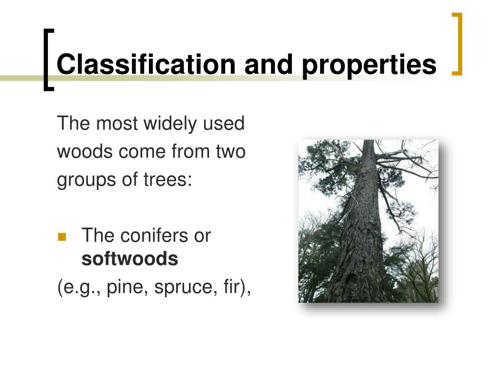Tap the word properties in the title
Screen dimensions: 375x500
click(x=369, y=64)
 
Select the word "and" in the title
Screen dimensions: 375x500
click(x=271, y=64)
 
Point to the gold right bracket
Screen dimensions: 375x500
click(x=457, y=44)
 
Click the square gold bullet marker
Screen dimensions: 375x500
click(x=62, y=237)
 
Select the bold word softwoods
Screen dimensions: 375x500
click(x=129, y=259)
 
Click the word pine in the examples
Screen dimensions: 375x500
click(x=126, y=288)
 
